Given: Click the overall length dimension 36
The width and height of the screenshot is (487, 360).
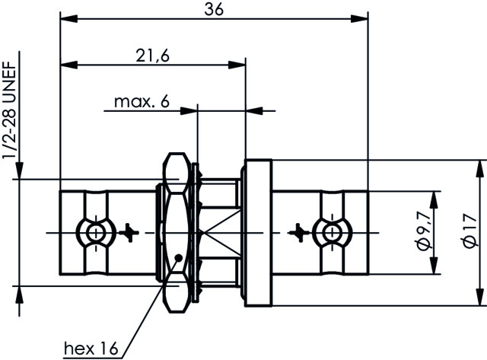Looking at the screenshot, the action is coord(214,9).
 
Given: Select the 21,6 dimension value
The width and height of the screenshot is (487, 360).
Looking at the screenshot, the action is coord(153,56).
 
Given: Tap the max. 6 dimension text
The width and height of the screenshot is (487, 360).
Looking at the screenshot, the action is coord(142,101).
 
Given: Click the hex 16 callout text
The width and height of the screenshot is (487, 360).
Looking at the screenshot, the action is coord(91,348).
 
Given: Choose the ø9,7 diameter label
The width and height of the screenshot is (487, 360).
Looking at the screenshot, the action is coord(425,230).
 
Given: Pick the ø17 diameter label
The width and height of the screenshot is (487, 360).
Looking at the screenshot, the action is coord(470,230).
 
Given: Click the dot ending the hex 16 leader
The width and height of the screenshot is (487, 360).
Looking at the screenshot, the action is coord(179,257).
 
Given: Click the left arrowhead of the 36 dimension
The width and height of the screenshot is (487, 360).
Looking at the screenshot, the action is coord(68,18).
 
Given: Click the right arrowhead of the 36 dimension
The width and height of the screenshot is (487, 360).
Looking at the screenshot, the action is coord(360,18).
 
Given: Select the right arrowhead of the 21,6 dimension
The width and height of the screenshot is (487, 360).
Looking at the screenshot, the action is coord(237,65).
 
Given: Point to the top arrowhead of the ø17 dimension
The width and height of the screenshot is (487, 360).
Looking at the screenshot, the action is coord(480,169).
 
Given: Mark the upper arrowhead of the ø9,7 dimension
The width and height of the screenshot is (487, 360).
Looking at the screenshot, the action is coord(434,200).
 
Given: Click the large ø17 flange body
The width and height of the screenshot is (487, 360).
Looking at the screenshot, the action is coord(259,233).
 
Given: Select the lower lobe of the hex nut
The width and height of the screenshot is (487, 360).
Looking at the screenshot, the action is coord(177,292).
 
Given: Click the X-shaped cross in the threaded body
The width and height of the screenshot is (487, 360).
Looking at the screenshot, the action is coord(220,233).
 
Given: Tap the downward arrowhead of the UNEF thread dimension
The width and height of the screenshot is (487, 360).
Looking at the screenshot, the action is coord(19,170).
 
